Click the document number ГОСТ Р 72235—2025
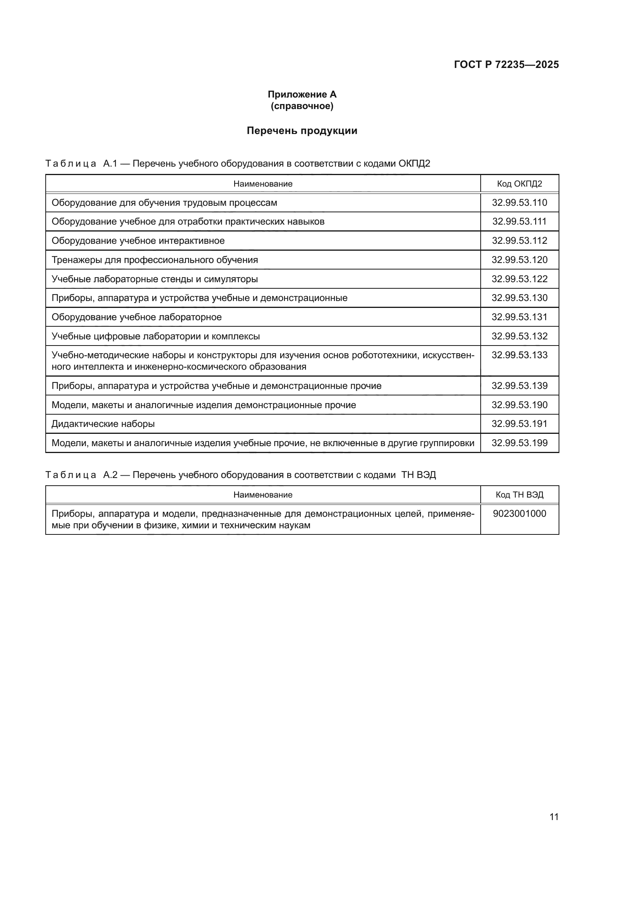pos(506,64)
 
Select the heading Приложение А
pos(302,94)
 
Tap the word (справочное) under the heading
pos(302,106)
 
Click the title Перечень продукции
pos(302,131)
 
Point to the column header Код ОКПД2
pos(519,184)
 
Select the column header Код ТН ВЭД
pos(519,495)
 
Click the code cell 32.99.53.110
pos(519,203)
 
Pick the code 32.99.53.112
pos(519,241)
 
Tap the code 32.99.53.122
pos(519,279)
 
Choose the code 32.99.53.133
pos(519,355)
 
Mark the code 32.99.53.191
pos(519,423)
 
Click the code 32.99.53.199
pos(519,443)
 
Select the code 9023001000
pos(519,514)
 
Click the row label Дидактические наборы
pos(103,423)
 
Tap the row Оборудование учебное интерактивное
pos(138,241)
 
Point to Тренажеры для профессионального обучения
pos(155,260)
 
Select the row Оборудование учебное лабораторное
pos(136,317)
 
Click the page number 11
pos(554,817)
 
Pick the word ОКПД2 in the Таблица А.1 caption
pos(414,164)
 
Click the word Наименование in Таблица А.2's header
pos(263,495)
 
